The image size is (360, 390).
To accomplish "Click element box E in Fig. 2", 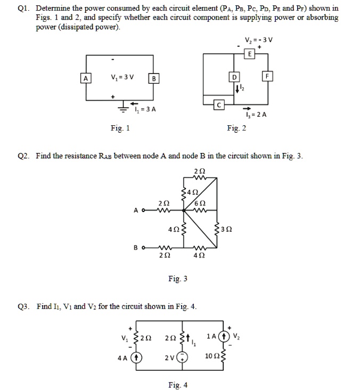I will click(249, 55).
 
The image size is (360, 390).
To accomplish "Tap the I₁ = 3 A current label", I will click(144, 110).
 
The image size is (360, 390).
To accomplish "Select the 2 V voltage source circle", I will click(183, 357).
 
